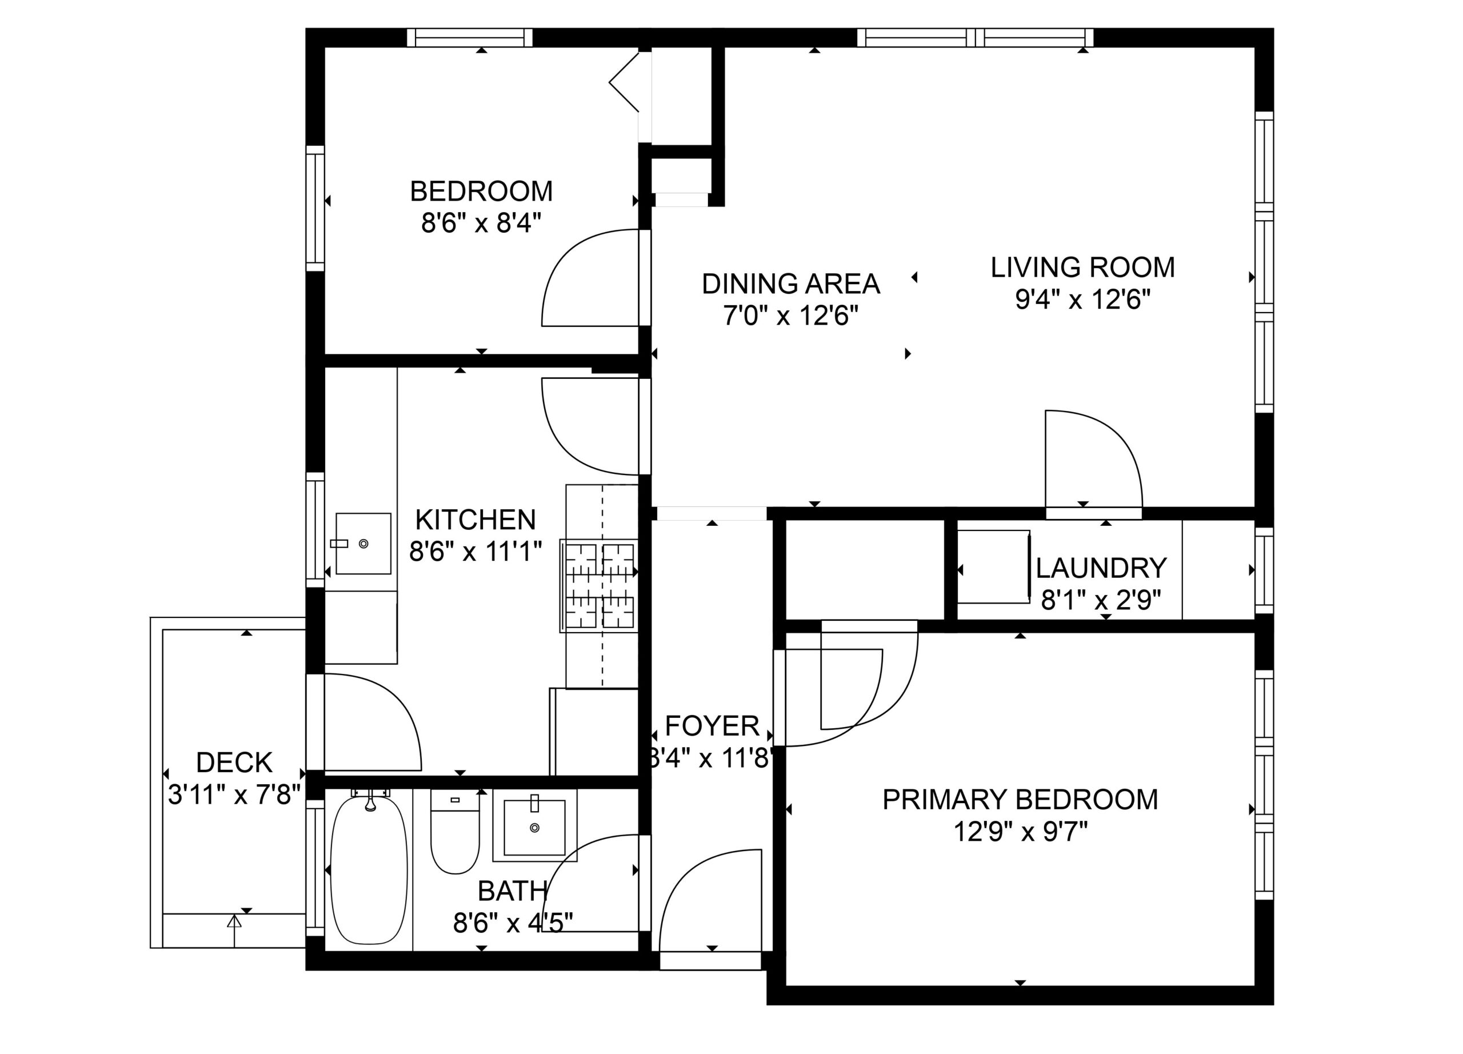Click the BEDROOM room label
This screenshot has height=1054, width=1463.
click(481, 191)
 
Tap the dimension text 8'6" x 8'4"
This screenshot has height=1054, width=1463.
click(481, 224)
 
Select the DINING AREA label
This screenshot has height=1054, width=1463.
click(791, 284)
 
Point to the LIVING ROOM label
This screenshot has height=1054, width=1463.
click(1082, 268)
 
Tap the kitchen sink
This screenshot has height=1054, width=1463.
click(363, 544)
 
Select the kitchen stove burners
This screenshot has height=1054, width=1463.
click(599, 586)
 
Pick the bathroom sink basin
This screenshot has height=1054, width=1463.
click(534, 828)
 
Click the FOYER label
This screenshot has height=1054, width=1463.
click(712, 726)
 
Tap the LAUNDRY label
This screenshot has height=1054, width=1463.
click(1101, 568)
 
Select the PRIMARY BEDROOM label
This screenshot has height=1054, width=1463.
click(1020, 800)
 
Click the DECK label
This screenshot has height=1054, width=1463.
click(234, 763)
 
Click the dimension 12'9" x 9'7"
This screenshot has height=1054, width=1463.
click(1021, 832)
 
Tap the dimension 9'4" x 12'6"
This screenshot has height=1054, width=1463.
click(1083, 300)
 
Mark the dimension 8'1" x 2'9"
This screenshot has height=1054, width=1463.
click(1101, 601)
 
